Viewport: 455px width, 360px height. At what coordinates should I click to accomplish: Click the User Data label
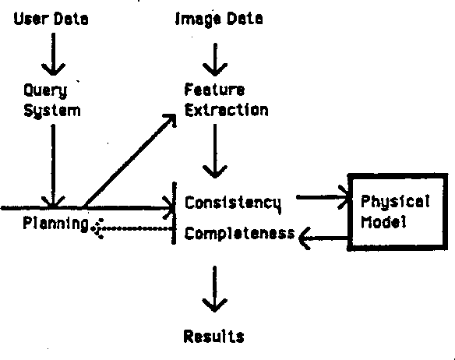tap(51, 19)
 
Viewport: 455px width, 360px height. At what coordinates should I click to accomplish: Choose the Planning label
tap(55, 224)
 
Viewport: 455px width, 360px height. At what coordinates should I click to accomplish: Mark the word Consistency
tap(232, 203)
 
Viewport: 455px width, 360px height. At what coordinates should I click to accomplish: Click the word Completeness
tap(239, 233)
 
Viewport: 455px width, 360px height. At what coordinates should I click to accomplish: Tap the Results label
tap(213, 337)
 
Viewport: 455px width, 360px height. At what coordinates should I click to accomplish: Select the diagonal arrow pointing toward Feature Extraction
tap(129, 161)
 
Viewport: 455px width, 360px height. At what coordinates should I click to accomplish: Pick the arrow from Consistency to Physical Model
tap(322, 198)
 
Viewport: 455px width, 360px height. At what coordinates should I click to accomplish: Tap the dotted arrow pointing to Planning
tap(134, 228)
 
